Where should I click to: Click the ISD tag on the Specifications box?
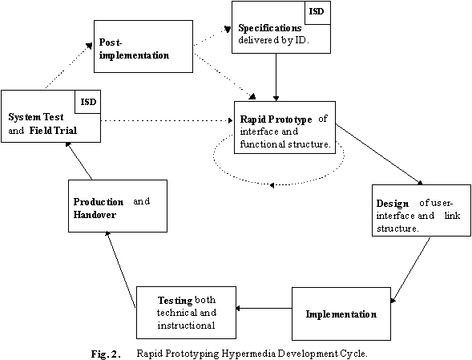[x=317, y=11]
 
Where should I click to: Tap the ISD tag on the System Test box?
[x=88, y=102]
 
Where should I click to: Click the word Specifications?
[x=270, y=28]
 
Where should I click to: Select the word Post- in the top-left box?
[x=111, y=42]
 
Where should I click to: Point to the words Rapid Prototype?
[x=276, y=119]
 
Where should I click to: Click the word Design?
[x=393, y=204]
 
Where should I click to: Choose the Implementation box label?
[x=341, y=314]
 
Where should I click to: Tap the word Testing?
[x=175, y=301]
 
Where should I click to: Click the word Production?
[x=99, y=201]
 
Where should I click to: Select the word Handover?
[x=95, y=215]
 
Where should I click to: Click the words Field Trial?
[x=53, y=130]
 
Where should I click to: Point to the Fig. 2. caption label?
[x=106, y=354]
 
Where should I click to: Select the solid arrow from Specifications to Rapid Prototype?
[x=276, y=77]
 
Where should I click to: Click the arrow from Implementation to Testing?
[x=264, y=308]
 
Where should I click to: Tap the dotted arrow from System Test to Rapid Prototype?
[x=167, y=120]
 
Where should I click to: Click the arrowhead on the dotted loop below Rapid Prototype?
[x=272, y=185]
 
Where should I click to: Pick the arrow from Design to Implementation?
[x=410, y=269]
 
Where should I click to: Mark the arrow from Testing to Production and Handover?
[x=120, y=269]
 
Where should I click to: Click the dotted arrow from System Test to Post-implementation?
[x=69, y=66]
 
